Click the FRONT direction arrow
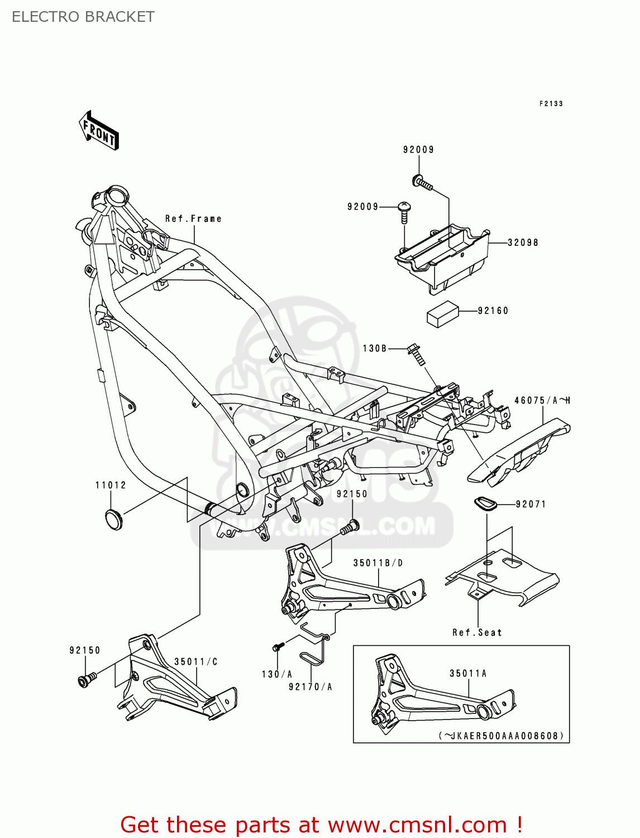[x=99, y=130]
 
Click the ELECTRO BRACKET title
[x=83, y=17]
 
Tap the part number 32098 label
[x=523, y=242]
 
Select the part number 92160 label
[x=493, y=311]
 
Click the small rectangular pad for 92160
[x=442, y=314]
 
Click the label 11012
[x=111, y=485]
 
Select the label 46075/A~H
[x=542, y=400]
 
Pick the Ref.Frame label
[x=193, y=218]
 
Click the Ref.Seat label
[x=477, y=632]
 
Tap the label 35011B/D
[x=378, y=563]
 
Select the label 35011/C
[x=196, y=661]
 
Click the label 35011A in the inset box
[x=468, y=673]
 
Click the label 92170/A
[x=311, y=687]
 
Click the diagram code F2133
[x=551, y=103]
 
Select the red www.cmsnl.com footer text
[x=322, y=825]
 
